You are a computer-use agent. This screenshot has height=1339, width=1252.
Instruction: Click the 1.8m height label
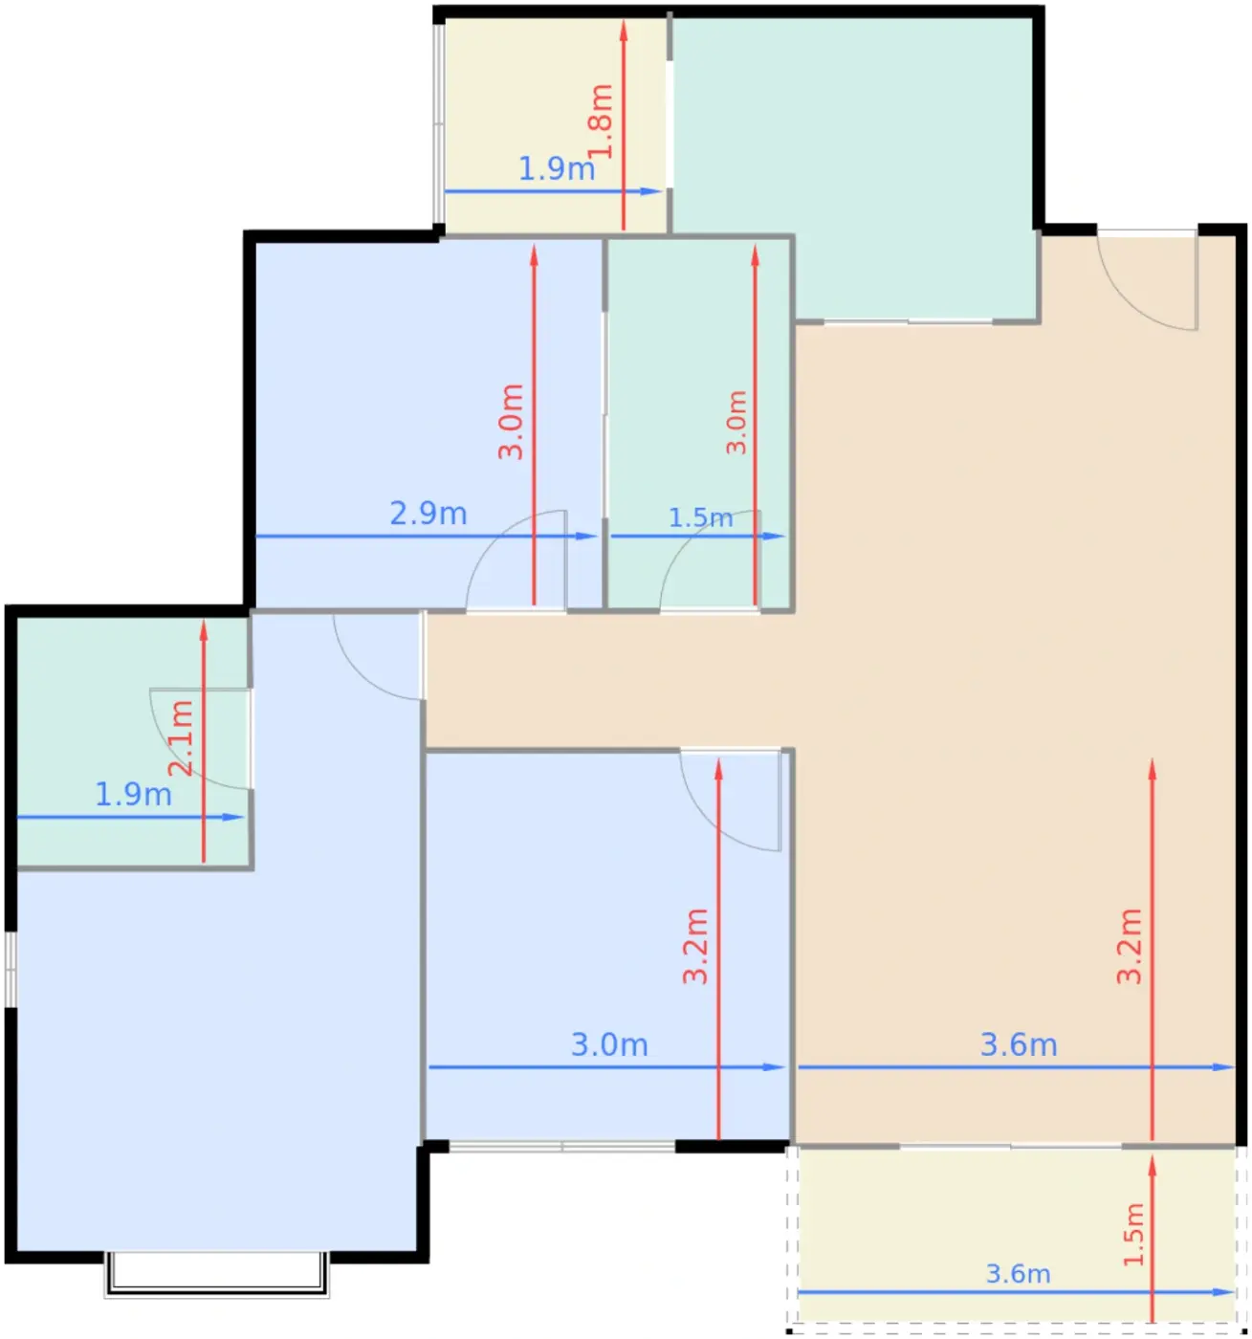pyautogui.click(x=600, y=122)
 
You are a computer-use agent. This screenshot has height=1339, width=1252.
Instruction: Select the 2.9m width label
pyautogui.click(x=428, y=514)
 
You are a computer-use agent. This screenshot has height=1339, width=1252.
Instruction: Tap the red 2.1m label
pyautogui.click(x=181, y=738)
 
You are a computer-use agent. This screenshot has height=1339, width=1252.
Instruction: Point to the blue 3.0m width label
pyautogui.click(x=609, y=1044)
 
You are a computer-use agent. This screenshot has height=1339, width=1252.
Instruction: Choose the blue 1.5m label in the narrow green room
pyautogui.click(x=700, y=517)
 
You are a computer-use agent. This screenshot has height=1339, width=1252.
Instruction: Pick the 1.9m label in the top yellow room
pyautogui.click(x=557, y=168)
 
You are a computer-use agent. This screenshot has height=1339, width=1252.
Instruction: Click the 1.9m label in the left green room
pyautogui.click(x=133, y=794)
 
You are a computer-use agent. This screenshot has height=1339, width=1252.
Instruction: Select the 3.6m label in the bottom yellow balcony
pyautogui.click(x=1018, y=1274)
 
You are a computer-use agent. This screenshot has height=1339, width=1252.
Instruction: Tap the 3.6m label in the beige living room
pyautogui.click(x=1019, y=1044)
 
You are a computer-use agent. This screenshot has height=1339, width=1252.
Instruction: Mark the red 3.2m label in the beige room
pyautogui.click(x=1130, y=947)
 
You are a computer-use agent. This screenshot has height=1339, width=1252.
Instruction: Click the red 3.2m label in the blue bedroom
pyautogui.click(x=695, y=947)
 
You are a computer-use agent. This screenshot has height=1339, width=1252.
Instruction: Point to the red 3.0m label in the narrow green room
pyautogui.click(x=736, y=423)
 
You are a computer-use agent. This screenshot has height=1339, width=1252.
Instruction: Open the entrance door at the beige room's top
pyautogui.click(x=1147, y=280)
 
